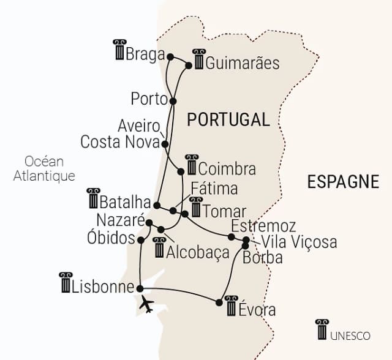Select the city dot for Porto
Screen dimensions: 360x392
[x=173, y=101]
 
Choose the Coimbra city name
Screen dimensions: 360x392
[x=227, y=168]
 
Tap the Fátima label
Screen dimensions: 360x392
[x=214, y=188]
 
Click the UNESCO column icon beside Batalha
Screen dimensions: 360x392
[x=93, y=198]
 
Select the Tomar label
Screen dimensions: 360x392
[x=225, y=211]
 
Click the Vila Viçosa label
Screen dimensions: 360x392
[x=298, y=242]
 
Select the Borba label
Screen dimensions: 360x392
[x=263, y=258]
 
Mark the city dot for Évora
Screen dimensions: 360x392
[x=219, y=302]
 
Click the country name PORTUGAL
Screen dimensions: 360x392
[x=228, y=119]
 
